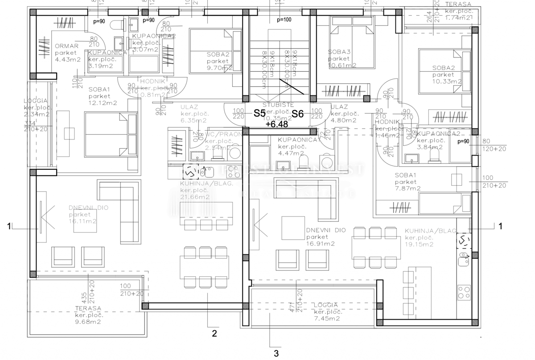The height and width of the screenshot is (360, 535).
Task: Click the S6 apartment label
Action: coord(297,114)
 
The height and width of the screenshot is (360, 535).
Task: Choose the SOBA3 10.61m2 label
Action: coord(342,58)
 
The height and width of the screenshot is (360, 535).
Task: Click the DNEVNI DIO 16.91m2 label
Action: coord(326,237)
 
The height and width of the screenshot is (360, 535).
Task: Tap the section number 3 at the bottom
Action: coord(276,354)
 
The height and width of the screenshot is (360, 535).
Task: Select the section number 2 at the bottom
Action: coord(214,333)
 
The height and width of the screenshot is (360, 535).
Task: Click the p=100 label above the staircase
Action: coord(284,20)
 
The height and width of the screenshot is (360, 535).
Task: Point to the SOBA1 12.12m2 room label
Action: coord(102,96)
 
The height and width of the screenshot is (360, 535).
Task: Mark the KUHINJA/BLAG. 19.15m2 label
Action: coord(430,237)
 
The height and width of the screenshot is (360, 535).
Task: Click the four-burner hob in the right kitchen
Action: coord(464,293)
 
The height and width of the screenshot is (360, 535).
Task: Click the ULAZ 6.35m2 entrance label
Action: coord(193,114)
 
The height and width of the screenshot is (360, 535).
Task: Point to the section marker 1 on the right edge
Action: coord(500,226)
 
